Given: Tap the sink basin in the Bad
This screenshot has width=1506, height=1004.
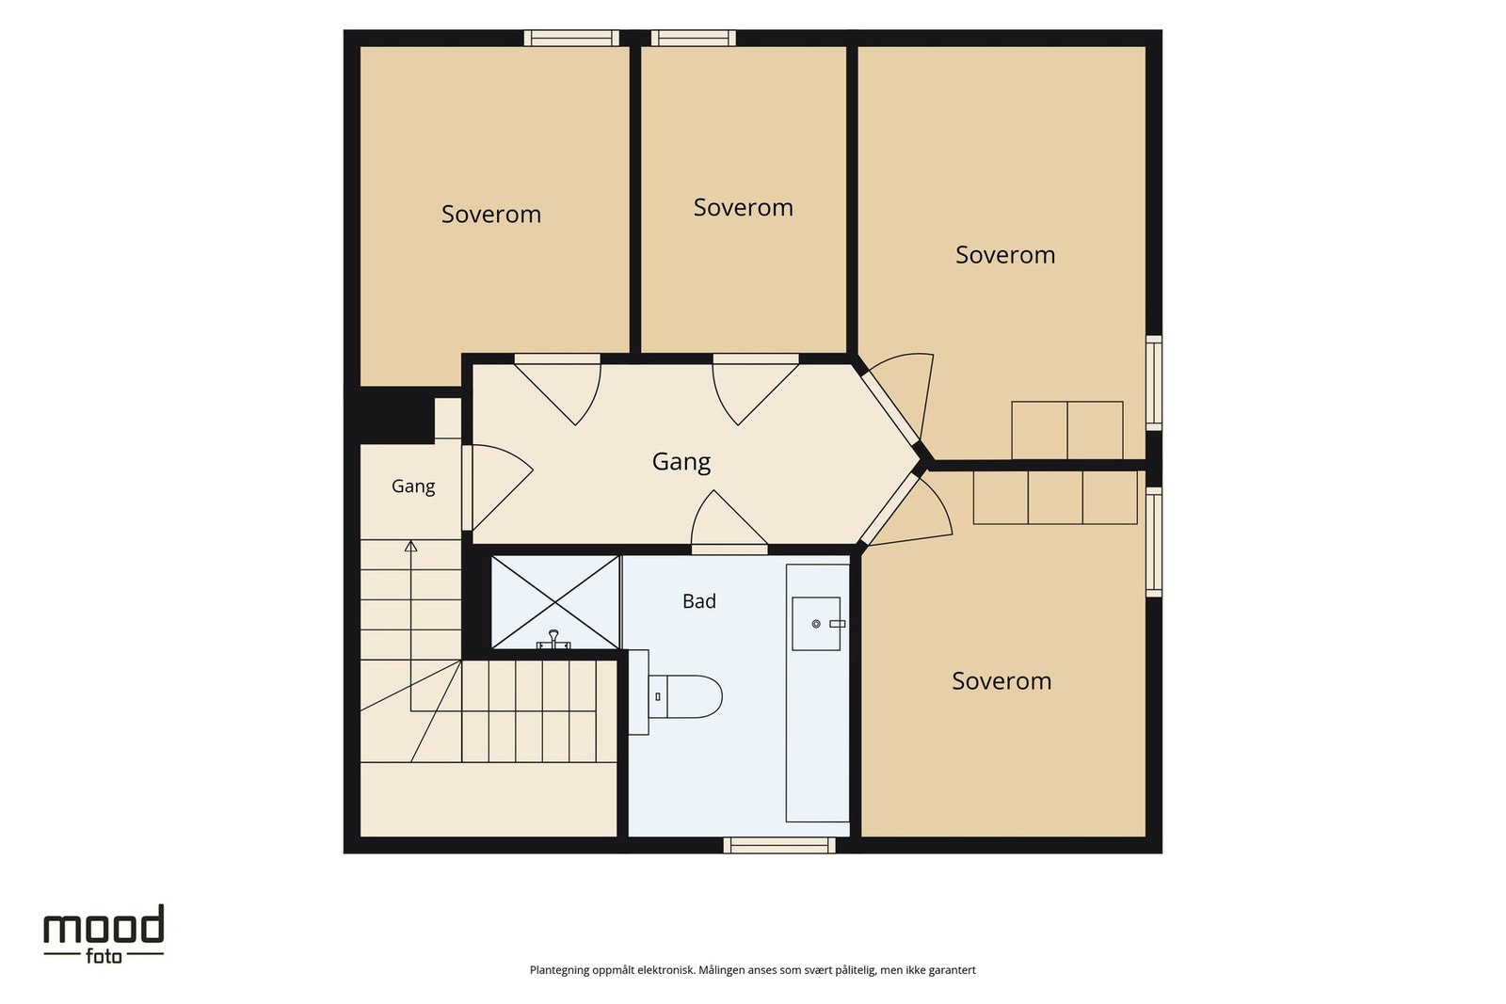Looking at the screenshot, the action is click(816, 624).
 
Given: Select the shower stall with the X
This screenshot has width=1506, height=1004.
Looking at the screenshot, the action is click(555, 602).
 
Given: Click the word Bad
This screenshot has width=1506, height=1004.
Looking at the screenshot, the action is click(699, 600).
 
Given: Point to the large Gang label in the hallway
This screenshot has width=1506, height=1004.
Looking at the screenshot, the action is click(681, 462).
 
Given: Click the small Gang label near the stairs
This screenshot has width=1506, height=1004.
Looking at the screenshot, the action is click(413, 486).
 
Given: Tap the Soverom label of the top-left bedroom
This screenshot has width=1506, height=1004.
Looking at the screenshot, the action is click(490, 215).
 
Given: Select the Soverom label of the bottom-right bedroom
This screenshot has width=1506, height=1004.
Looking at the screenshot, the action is click(1001, 681).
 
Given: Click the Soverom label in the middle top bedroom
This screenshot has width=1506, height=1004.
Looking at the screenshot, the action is click(743, 208).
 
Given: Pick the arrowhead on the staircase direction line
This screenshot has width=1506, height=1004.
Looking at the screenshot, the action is click(410, 546).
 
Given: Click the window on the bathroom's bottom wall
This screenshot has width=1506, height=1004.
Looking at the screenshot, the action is click(779, 845).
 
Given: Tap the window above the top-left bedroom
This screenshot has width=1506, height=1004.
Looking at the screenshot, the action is click(571, 39).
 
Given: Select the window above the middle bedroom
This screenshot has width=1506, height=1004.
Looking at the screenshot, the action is click(693, 39).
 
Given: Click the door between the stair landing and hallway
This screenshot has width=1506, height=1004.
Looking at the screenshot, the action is click(498, 487).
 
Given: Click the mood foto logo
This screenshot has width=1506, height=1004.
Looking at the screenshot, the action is click(104, 934).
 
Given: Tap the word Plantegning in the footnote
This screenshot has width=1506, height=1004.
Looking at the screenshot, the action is click(559, 970).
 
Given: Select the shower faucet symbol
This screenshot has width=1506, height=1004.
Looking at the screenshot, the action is click(553, 640).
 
